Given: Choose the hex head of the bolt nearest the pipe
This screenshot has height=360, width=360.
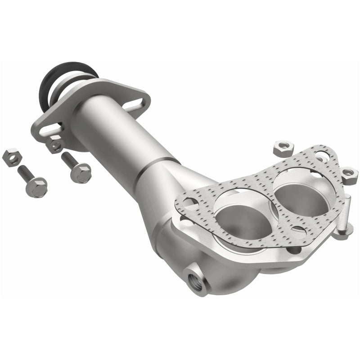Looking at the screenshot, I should click(81, 172).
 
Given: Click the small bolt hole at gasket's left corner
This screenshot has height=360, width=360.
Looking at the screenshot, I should click(189, 202).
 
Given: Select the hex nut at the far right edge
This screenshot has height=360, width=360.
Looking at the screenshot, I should click(349, 174).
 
